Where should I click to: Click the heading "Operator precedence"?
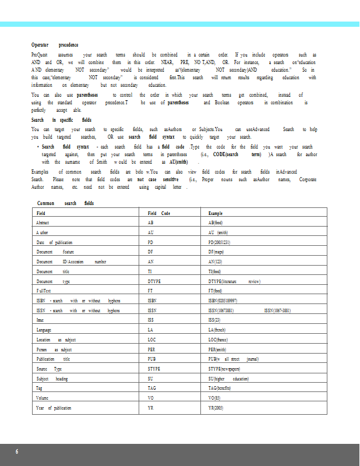tap(55, 45)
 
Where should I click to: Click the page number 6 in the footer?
tap(17, 452)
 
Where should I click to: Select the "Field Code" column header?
tap(159, 214)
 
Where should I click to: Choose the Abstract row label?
tap(43, 223)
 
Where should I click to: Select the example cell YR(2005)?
tap(216, 408)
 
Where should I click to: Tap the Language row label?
tap(44, 330)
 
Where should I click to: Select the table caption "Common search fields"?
tap(65, 203)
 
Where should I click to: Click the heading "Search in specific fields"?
tap(61, 119)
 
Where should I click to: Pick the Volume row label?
tap(43, 398)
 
